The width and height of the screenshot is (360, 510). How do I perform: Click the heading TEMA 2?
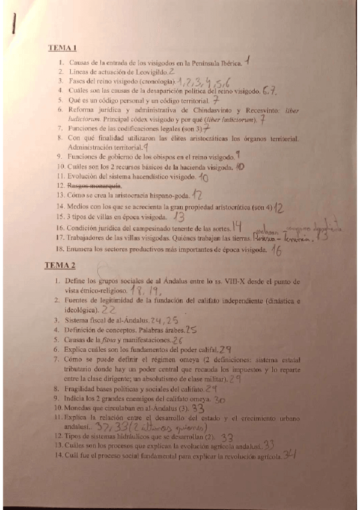(x=60, y=265)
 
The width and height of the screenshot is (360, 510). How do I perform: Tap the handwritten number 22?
(x=109, y=309)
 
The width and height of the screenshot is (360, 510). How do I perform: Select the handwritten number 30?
(x=220, y=399)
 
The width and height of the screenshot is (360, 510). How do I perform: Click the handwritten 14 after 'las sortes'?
(x=237, y=227)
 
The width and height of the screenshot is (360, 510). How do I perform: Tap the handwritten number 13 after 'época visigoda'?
(x=179, y=216)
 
